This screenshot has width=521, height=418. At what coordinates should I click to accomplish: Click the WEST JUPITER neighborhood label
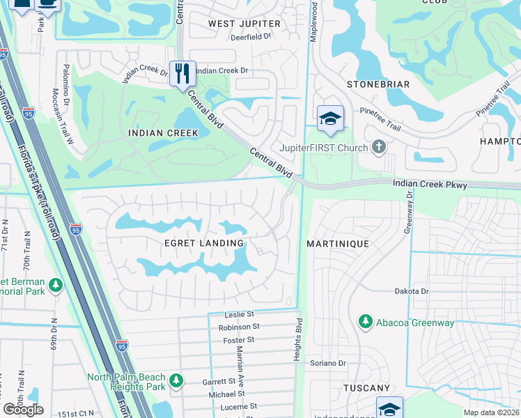point(244,24)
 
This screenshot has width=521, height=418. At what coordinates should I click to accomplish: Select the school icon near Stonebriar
point(330,119)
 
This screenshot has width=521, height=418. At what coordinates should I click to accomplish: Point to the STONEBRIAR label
point(378,84)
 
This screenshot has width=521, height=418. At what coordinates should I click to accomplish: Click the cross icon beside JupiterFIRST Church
point(378,146)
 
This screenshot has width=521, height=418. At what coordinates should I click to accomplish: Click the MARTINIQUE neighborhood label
point(338,244)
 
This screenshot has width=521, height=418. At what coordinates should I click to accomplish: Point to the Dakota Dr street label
point(410,291)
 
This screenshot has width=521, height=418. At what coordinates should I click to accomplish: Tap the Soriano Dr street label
point(328,363)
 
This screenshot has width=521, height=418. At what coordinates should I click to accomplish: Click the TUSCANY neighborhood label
point(366,387)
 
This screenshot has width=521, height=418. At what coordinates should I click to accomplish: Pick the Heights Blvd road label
point(298,340)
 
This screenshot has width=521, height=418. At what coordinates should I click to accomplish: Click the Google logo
point(23,410)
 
